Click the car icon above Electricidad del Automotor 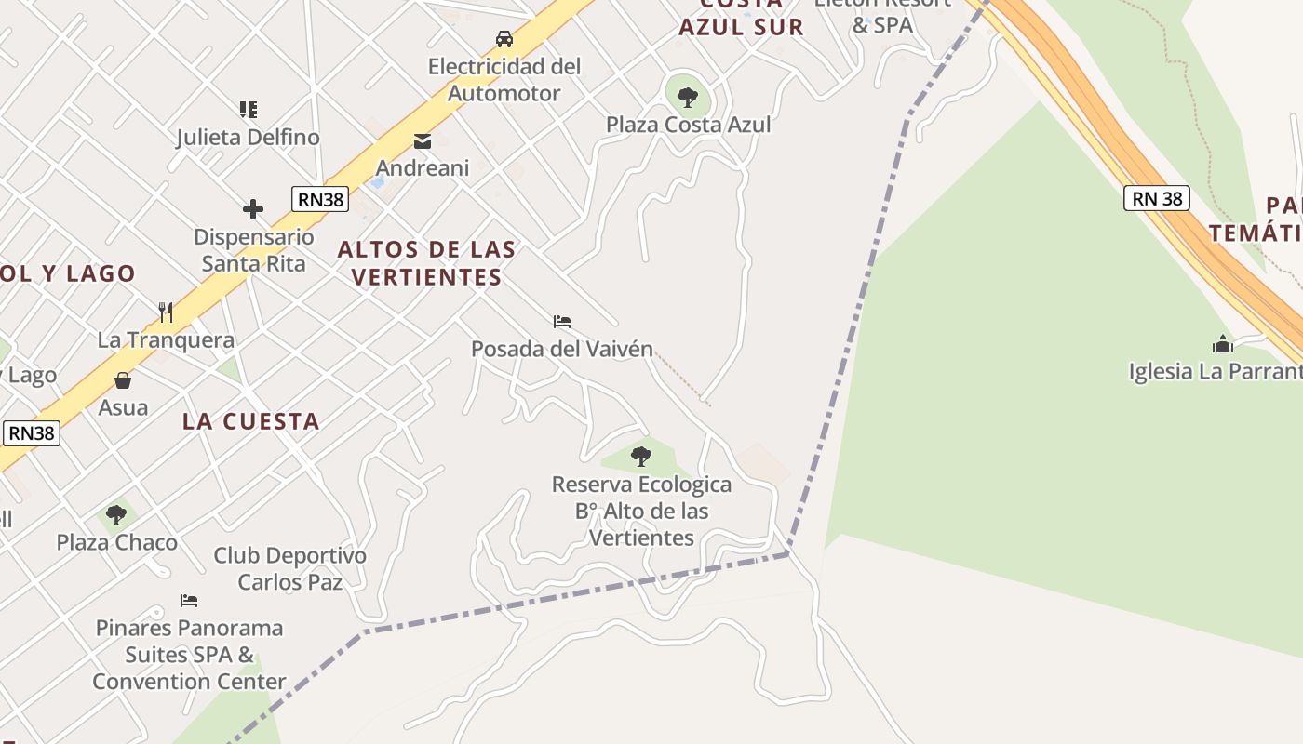click(x=504, y=39)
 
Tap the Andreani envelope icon click(x=423, y=141)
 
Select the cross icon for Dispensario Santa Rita click(x=252, y=209)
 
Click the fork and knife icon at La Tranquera click(x=166, y=312)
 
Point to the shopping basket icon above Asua click(x=123, y=379)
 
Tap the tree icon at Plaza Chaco click(x=116, y=514)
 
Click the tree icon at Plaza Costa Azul click(x=688, y=96)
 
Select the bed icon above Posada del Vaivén click(x=561, y=322)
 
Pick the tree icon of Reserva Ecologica click(x=640, y=456)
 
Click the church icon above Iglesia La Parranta click(x=1222, y=344)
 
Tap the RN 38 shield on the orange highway click(x=1157, y=198)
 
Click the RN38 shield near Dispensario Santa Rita click(x=319, y=198)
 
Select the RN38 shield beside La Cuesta click(x=32, y=432)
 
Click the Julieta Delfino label click(x=248, y=138)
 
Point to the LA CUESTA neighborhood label click(x=250, y=421)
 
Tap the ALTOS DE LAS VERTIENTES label click(x=426, y=263)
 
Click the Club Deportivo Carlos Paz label click(x=289, y=569)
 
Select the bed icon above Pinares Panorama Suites click(x=189, y=600)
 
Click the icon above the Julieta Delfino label click(x=248, y=110)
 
